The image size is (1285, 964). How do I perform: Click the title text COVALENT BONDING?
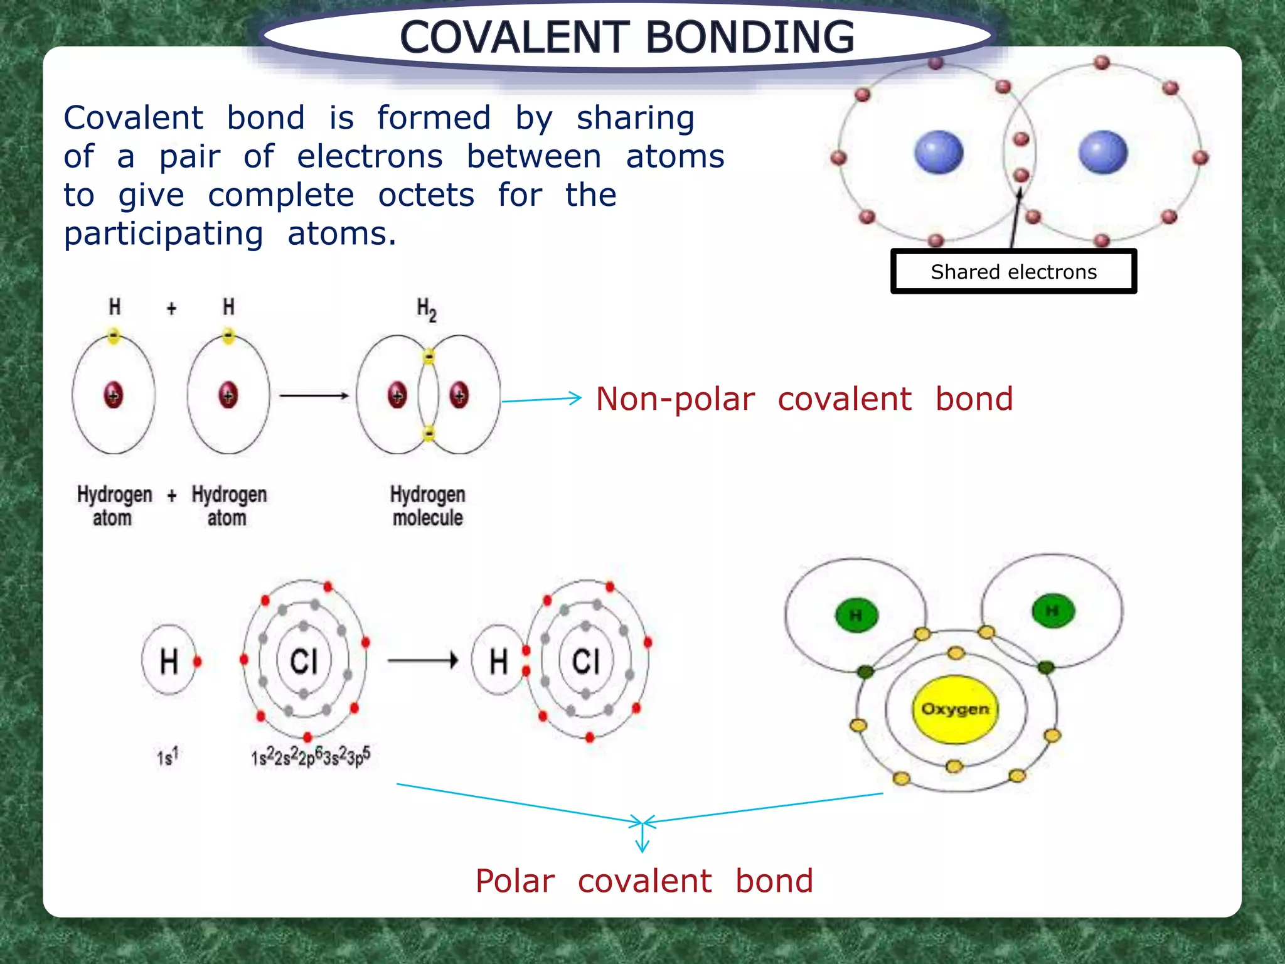[x=627, y=36]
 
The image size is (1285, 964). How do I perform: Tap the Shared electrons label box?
[x=1013, y=272]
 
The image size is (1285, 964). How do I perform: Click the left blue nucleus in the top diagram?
[x=939, y=152]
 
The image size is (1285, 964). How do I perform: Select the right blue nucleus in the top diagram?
[x=1102, y=152]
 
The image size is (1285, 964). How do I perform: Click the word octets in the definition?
[x=426, y=195]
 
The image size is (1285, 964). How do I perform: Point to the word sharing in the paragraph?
[x=635, y=118]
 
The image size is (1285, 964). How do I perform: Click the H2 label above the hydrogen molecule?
[x=426, y=309]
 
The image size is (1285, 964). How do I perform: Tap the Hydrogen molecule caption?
[x=427, y=506]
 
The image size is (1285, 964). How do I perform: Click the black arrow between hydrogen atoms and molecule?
[x=314, y=395]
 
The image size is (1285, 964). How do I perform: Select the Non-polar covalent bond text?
[x=804, y=399]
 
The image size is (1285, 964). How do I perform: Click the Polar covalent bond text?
[x=644, y=881]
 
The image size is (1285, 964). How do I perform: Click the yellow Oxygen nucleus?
[x=954, y=709]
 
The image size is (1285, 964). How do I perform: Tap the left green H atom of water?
[x=856, y=615]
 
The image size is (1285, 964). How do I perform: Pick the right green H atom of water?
[x=1053, y=611]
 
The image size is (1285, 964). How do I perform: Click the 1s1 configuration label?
[x=168, y=757]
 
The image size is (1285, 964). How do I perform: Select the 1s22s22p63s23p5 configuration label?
[x=311, y=757]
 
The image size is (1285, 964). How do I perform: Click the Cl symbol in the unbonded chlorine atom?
[x=304, y=661]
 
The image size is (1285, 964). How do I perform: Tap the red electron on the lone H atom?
[x=198, y=661]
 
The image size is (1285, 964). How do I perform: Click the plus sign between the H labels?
[x=171, y=308]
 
